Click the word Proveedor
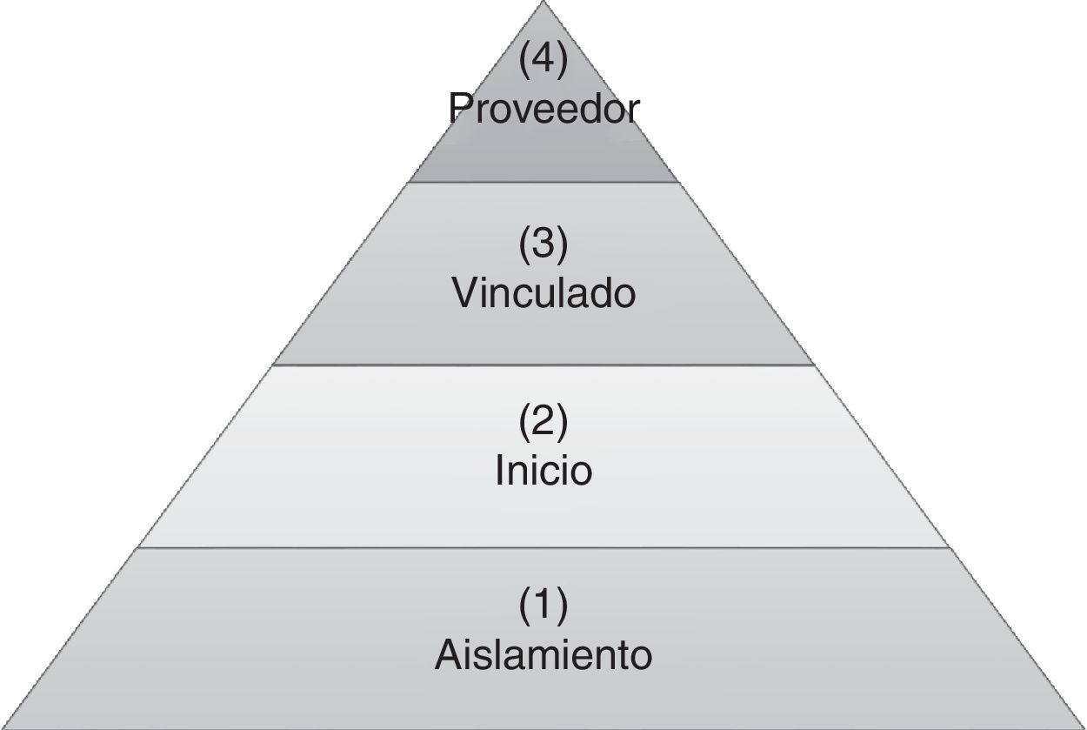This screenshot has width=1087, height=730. [x=543, y=110]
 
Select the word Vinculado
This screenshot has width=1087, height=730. [x=543, y=294]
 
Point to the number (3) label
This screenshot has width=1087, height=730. [x=543, y=245]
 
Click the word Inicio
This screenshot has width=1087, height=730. [x=543, y=471]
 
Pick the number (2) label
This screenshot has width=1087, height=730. [x=543, y=423]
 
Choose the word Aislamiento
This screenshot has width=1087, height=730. [x=543, y=654]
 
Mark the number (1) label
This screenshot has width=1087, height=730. [x=543, y=606]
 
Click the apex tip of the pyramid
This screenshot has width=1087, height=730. [x=543, y=3]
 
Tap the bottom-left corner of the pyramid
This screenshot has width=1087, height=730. [x=3, y=727]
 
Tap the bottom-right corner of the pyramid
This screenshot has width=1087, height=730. [x=1083, y=727]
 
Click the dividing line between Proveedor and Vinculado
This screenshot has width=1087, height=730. [x=543, y=182]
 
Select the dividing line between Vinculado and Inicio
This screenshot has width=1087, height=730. [x=543, y=365]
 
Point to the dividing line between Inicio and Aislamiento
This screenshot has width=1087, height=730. [x=543, y=548]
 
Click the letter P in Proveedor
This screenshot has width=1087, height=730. [x=461, y=109]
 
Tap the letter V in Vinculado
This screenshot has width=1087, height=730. [x=465, y=294]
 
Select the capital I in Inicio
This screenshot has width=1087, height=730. [x=500, y=471]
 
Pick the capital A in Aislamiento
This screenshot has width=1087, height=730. [x=447, y=654]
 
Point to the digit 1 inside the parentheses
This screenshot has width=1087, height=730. [x=543, y=606]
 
